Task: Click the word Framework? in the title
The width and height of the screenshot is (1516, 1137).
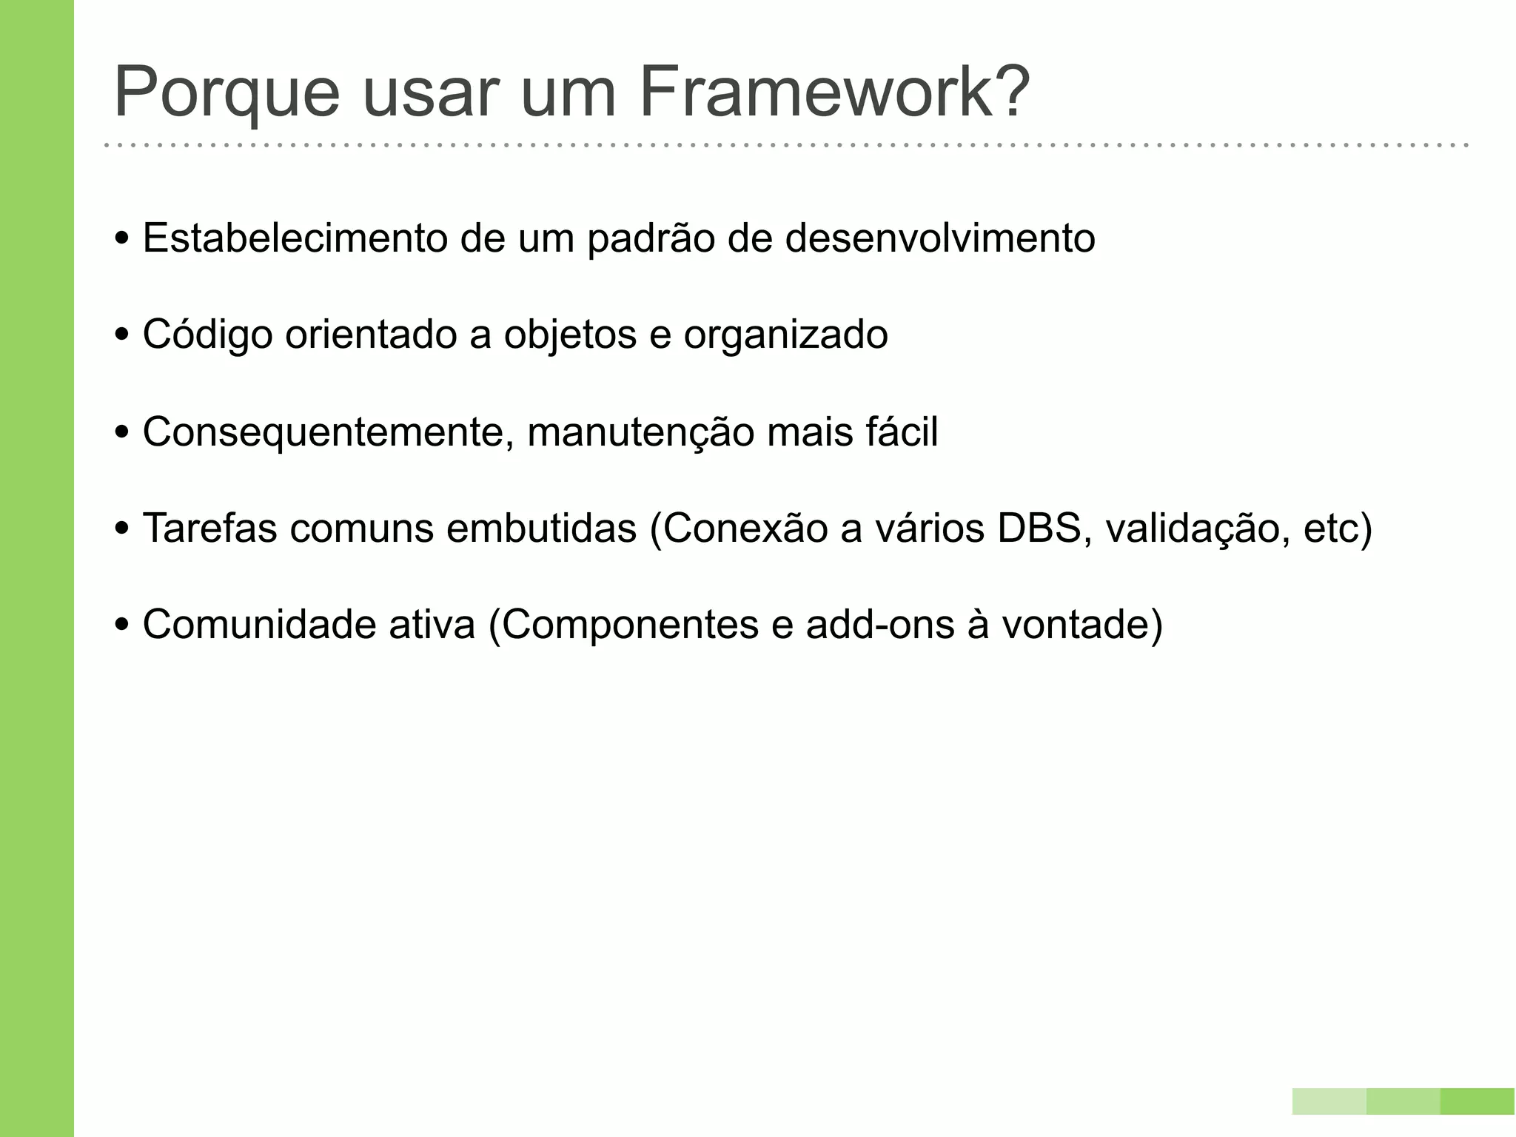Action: click(834, 93)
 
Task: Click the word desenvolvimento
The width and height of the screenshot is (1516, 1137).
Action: click(939, 238)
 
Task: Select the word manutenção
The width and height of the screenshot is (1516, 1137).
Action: click(640, 432)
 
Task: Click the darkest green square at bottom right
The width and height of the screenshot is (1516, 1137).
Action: click(1477, 1101)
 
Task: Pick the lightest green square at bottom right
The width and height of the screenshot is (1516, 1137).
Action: click(1329, 1101)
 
